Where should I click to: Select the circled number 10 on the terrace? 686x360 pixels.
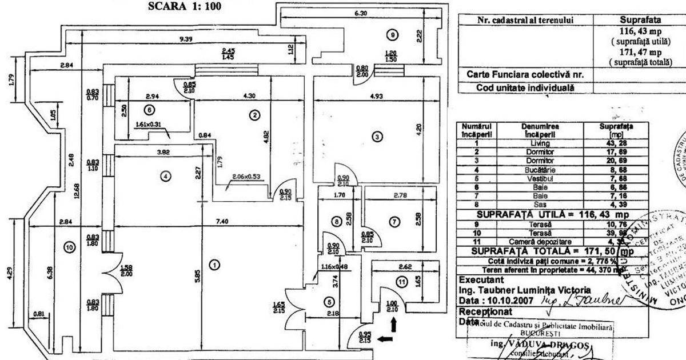point(70,247)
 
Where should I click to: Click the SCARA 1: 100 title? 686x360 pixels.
point(185,6)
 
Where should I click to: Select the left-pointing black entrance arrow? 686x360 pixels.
point(385,339)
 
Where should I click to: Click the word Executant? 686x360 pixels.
point(481,280)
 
